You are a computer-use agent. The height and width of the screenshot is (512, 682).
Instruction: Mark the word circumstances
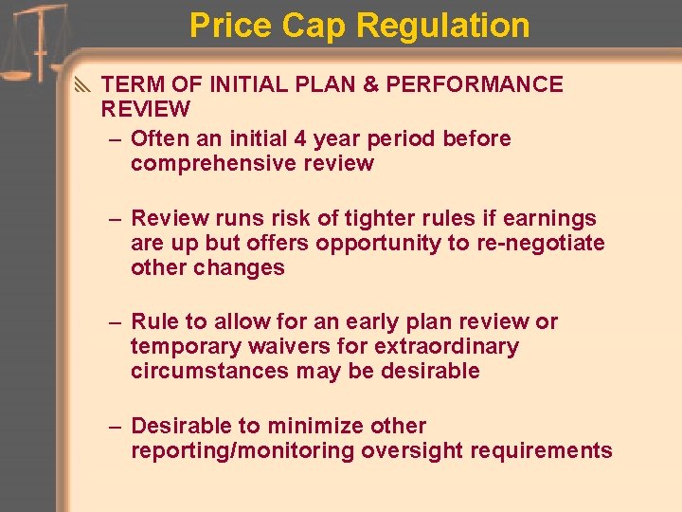[x=209, y=371]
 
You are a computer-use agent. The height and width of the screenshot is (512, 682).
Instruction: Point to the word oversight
[x=408, y=450]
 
